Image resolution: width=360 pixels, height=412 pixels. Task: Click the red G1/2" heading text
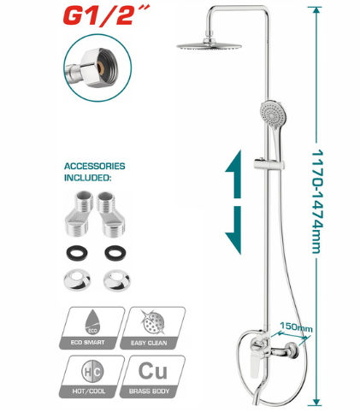click(x=106, y=15)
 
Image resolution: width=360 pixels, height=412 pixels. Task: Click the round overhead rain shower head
click(x=209, y=45)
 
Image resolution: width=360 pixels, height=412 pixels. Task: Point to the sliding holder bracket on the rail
click(x=269, y=163)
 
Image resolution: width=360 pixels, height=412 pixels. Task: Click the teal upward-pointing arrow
click(x=233, y=174)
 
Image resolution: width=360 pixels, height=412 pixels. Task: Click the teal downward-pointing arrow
click(x=233, y=230)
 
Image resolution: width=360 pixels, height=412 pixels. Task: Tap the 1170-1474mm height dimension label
click(x=317, y=201)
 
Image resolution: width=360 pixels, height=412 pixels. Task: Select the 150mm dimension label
click(x=296, y=327)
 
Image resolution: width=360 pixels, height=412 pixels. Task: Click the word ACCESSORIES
click(x=95, y=166)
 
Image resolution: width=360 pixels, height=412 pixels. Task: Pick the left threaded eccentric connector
click(x=78, y=214)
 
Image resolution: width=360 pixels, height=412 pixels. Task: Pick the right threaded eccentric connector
click(x=111, y=215)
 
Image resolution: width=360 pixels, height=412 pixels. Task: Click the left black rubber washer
click(x=77, y=253)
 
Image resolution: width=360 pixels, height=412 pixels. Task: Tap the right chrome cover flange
click(x=116, y=280)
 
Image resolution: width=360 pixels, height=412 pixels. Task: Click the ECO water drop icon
click(x=91, y=321)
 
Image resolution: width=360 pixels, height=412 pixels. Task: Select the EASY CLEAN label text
click(x=149, y=343)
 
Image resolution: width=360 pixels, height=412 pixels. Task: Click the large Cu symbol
click(x=153, y=371)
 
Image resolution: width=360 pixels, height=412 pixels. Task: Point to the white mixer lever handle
click(x=255, y=366)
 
